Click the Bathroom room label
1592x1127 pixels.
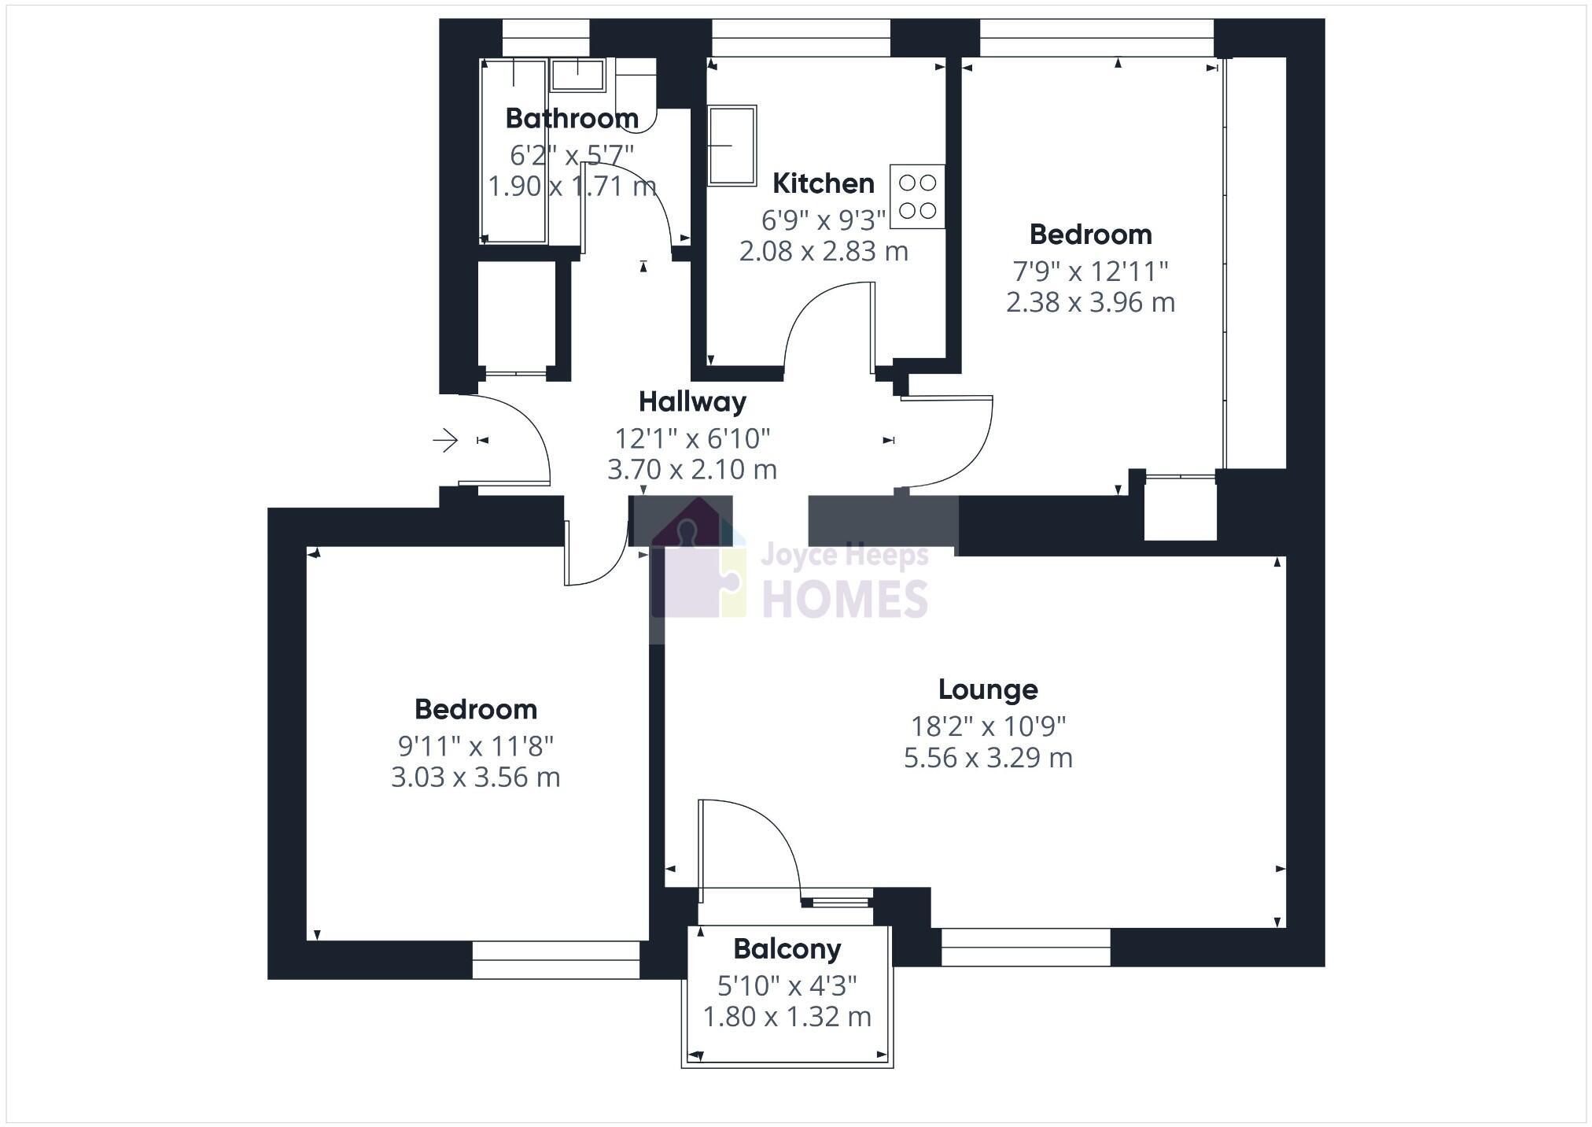pyautogui.click(x=572, y=119)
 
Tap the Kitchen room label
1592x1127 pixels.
pyautogui.click(x=823, y=183)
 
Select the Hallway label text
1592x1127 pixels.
pyautogui.click(x=692, y=402)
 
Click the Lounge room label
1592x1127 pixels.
pyautogui.click(x=988, y=689)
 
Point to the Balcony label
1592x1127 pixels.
pyautogui.click(x=787, y=949)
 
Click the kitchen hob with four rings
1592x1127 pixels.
pyautogui.click(x=917, y=197)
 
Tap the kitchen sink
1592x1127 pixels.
pyautogui.click(x=732, y=146)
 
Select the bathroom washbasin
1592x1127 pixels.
pyautogui.click(x=577, y=76)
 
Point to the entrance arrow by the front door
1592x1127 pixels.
pyautogui.click(x=445, y=440)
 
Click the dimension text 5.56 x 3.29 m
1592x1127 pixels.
pyautogui.click(x=988, y=758)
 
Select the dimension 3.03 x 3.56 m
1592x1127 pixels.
pyautogui.click(x=476, y=778)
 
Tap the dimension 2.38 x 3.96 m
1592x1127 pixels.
pyautogui.click(x=1090, y=302)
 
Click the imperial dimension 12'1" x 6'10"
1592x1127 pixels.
pyautogui.click(x=692, y=438)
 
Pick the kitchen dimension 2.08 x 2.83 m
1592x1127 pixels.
pyautogui.click(x=824, y=251)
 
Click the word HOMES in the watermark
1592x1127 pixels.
pyautogui.click(x=845, y=600)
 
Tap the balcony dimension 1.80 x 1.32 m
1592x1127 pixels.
pyautogui.click(x=787, y=1017)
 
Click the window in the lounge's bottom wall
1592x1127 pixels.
pyautogui.click(x=1026, y=947)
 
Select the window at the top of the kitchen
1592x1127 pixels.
pyautogui.click(x=801, y=38)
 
